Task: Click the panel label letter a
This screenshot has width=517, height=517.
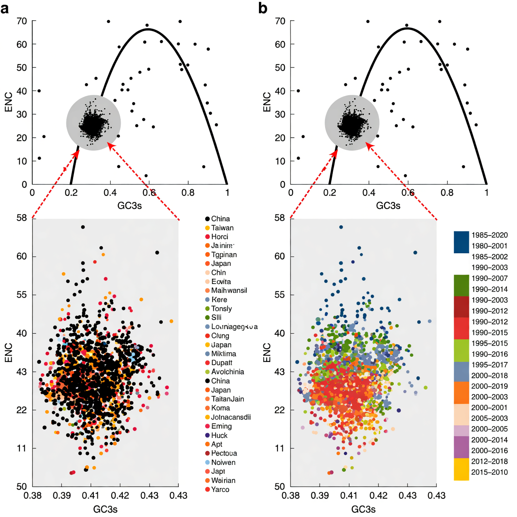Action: [5, 8]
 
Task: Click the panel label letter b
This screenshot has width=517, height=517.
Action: [263, 8]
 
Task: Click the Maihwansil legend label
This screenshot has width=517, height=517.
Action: [229, 290]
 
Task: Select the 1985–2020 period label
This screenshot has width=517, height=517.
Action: [489, 235]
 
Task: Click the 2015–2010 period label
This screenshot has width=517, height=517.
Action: [489, 472]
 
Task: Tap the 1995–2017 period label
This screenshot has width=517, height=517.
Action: [489, 365]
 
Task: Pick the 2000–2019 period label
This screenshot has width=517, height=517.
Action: [489, 386]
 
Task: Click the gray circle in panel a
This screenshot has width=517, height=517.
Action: [93, 123]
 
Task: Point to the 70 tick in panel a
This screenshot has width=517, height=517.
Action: [21, 21]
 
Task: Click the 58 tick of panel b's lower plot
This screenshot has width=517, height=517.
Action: [280, 218]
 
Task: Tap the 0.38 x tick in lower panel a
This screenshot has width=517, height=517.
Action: [33, 496]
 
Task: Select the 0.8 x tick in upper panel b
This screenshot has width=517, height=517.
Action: [447, 193]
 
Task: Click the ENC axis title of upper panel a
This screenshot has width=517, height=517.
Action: [8, 102]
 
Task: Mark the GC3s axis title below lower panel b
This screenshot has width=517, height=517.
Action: [363, 509]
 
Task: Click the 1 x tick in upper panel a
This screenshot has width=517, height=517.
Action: [227, 193]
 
